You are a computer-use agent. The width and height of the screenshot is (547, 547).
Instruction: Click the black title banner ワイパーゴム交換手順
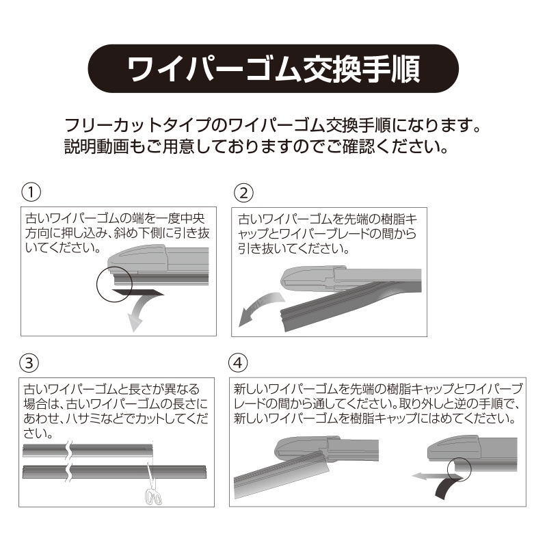tap(273, 68)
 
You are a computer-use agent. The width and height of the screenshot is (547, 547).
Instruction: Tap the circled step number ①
tap(31, 192)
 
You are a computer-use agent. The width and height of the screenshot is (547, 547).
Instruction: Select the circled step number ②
tap(243, 193)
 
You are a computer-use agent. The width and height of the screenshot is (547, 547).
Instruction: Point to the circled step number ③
tap(29, 363)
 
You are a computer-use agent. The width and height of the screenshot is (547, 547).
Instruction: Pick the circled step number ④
tap(238, 363)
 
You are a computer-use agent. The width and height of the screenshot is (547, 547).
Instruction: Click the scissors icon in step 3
tap(152, 485)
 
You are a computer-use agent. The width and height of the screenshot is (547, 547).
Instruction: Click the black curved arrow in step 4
tap(447, 486)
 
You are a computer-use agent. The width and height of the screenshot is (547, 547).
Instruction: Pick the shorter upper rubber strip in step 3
tap(88, 450)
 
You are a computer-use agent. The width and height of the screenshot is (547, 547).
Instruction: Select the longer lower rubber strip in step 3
tap(114, 471)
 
